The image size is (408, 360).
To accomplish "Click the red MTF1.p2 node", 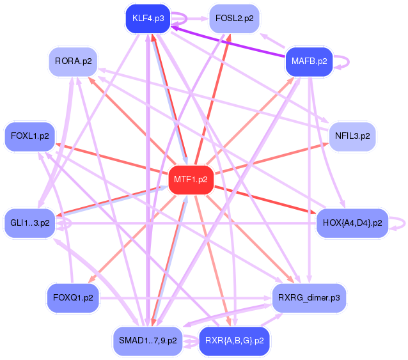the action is point(191,180).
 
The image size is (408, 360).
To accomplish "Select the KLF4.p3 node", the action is point(148,19).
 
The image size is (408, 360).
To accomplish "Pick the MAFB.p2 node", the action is point(309,61).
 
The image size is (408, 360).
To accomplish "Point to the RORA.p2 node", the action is point(73,61).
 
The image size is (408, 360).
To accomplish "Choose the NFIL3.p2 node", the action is point(352,136).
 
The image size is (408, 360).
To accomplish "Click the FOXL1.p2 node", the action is point(29,136).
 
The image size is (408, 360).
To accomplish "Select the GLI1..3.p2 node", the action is point(30,223).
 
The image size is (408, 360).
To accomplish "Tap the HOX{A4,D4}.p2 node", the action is point(352,223).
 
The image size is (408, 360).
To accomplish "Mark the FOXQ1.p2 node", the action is point(73,298).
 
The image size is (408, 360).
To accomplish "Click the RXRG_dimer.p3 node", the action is point(309,298).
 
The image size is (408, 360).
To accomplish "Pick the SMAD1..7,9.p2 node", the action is point(148,340).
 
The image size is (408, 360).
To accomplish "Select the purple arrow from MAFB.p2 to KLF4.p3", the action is point(230,41).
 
